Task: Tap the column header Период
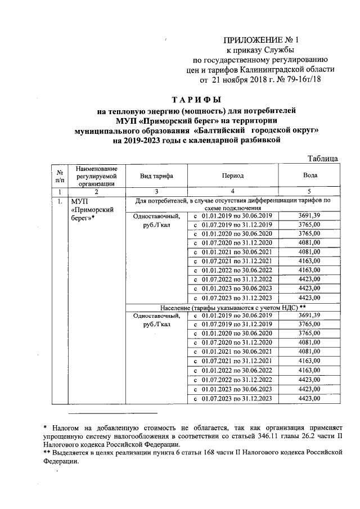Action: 232,175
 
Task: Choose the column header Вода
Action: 310,175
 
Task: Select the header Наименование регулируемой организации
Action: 97,175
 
